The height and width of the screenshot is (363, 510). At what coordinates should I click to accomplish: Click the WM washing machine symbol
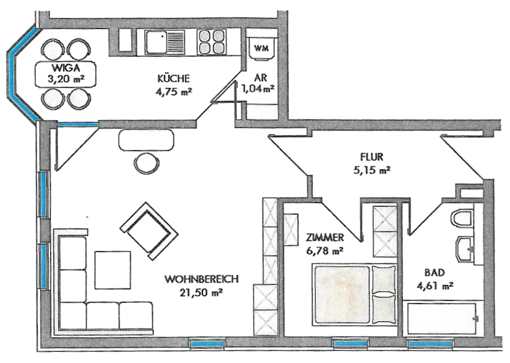click(261, 47)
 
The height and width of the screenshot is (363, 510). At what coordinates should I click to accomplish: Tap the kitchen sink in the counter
click(165, 43)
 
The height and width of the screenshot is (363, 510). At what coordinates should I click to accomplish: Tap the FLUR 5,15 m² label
click(375, 163)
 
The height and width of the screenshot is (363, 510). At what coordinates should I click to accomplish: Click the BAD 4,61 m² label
click(439, 279)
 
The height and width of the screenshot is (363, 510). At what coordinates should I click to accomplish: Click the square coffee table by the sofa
click(113, 269)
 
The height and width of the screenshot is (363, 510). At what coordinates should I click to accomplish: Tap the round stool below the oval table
click(146, 164)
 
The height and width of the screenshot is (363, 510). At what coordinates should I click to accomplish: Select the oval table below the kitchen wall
click(146, 140)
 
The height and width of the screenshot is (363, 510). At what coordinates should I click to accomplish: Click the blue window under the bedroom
click(351, 343)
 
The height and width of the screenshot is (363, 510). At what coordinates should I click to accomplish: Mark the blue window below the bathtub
click(426, 343)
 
